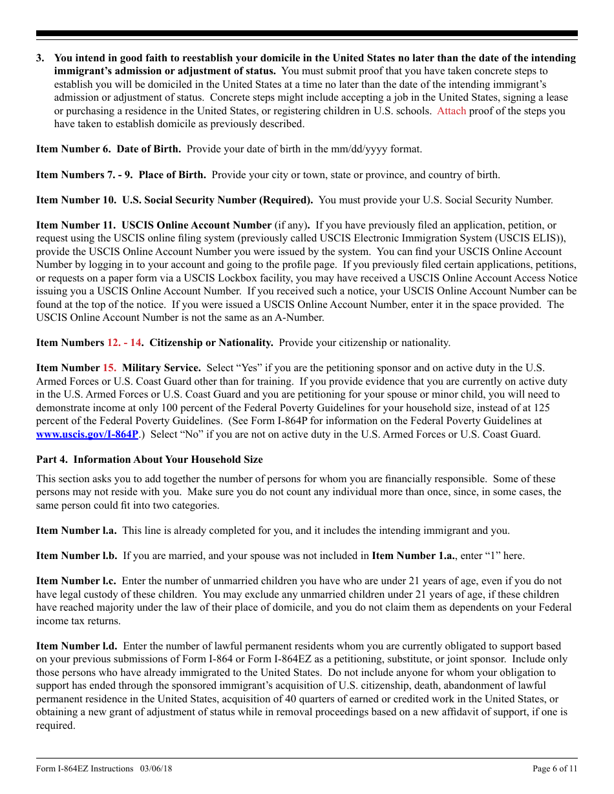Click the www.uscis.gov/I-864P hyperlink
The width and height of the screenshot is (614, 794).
[x=87, y=434]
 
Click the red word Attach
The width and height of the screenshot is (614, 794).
[x=451, y=111]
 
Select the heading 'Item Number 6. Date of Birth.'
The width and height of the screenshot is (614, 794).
[x=109, y=149]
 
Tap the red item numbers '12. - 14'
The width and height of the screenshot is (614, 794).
[x=124, y=343]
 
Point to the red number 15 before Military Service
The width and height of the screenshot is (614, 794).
[x=109, y=368]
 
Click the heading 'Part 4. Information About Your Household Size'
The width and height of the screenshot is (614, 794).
[x=149, y=460]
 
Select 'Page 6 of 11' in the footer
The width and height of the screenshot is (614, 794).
[x=555, y=768]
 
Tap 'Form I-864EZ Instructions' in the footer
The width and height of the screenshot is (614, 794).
[x=85, y=768]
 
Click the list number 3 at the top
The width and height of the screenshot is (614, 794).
[x=40, y=58]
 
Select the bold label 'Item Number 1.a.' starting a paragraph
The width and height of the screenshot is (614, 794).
[x=76, y=531]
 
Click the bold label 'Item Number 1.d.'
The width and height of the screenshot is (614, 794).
[x=76, y=646]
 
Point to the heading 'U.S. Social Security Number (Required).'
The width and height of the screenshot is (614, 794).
[x=217, y=200]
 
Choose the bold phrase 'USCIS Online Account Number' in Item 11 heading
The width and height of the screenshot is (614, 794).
[x=196, y=225]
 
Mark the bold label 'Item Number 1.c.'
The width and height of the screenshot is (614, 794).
[x=76, y=581]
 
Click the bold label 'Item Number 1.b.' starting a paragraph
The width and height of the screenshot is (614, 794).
[x=76, y=556]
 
